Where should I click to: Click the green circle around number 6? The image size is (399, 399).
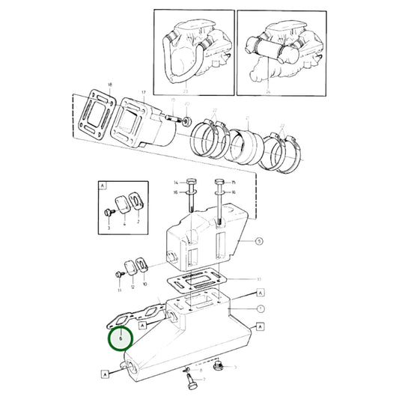[118, 338]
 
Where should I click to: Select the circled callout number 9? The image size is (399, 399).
[259, 241]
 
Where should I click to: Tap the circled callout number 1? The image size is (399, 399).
[259, 308]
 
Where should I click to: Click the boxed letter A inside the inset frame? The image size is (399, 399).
[102, 183]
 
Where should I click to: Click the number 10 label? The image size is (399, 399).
[144, 286]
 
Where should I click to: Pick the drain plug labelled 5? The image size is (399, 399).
[220, 367]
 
